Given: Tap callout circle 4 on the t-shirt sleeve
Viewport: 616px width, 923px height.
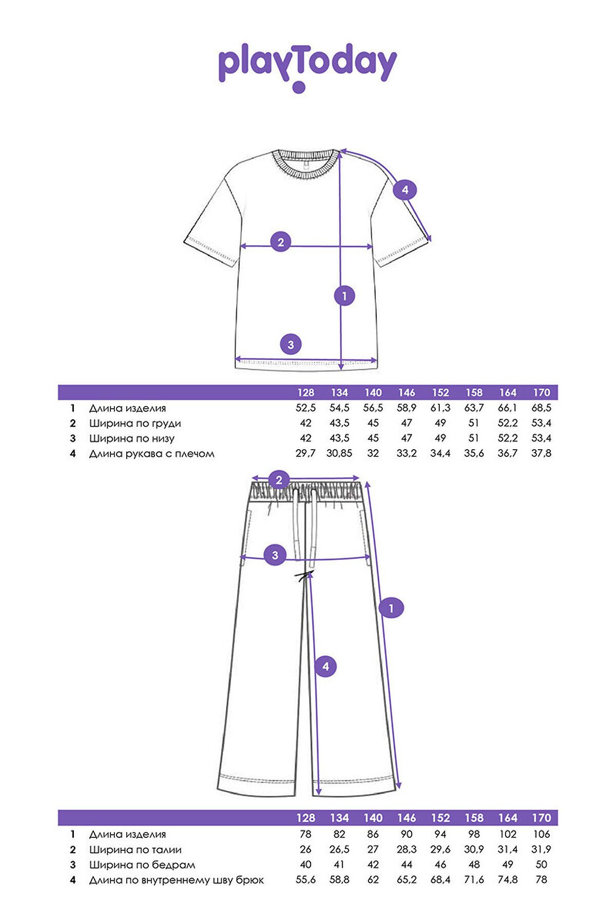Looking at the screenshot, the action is (405, 190).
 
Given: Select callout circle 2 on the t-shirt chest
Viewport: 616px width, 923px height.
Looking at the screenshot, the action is (280, 242).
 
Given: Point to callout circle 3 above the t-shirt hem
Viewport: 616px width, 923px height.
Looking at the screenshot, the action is (291, 345).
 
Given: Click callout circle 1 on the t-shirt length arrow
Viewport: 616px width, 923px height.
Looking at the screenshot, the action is (344, 296).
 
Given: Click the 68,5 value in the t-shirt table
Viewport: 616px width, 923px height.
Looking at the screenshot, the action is (542, 408).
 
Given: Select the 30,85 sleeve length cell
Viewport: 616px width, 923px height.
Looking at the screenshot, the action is (339, 453).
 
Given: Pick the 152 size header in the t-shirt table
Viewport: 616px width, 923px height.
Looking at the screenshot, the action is (440, 393).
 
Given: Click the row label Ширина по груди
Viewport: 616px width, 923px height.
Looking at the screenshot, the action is (135, 424).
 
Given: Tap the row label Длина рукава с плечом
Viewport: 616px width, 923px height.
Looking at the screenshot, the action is (151, 454).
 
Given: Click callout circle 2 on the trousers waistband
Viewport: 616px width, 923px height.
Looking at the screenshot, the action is (279, 480).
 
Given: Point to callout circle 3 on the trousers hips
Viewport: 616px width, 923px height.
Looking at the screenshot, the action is (275, 555).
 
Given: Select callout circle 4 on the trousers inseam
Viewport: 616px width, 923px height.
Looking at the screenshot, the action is (325, 667).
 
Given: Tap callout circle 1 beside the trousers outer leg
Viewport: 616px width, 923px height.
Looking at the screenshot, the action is (391, 608).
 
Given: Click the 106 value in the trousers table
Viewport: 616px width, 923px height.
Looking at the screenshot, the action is (542, 834).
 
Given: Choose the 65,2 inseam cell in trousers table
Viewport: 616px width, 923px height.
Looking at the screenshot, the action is (407, 880).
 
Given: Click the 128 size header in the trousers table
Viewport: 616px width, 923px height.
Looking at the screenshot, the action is (305, 818).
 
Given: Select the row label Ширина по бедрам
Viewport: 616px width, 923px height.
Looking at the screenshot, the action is (142, 865).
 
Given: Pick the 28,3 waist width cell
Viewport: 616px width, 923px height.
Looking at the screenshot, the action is (407, 850).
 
